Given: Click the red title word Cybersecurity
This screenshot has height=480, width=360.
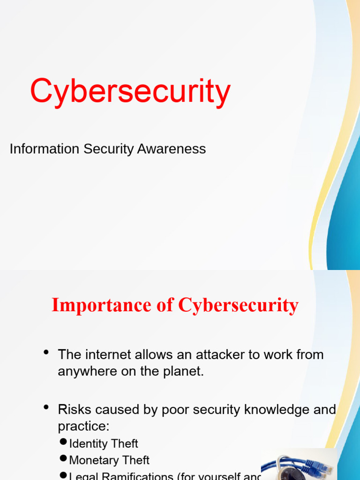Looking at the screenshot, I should pyautogui.click(x=130, y=92).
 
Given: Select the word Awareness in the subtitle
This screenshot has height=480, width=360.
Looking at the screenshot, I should pyautogui.click(x=172, y=149).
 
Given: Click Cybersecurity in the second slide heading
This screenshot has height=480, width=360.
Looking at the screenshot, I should pyautogui.click(x=238, y=306).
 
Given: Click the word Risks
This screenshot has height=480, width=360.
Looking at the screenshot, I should pyautogui.click(x=75, y=409).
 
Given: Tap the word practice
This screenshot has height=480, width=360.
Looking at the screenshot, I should pyautogui.click(x=82, y=427).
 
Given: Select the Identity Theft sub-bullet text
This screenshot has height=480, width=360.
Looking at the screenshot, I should pyautogui.click(x=104, y=443).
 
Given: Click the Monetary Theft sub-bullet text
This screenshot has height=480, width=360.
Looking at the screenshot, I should pyautogui.click(x=109, y=460).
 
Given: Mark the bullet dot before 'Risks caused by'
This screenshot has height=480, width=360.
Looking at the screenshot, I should pyautogui.click(x=46, y=408).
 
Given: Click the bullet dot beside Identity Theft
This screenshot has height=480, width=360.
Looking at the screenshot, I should pyautogui.click(x=64, y=442).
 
